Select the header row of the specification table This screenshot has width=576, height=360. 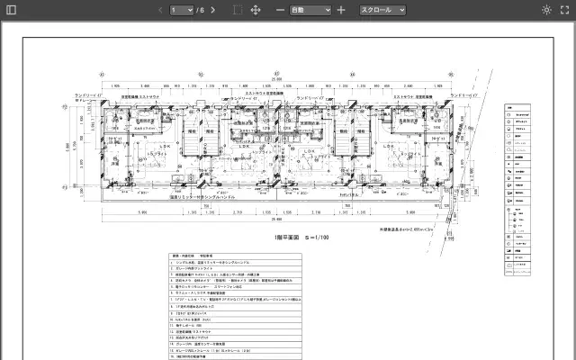pos(202,256)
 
